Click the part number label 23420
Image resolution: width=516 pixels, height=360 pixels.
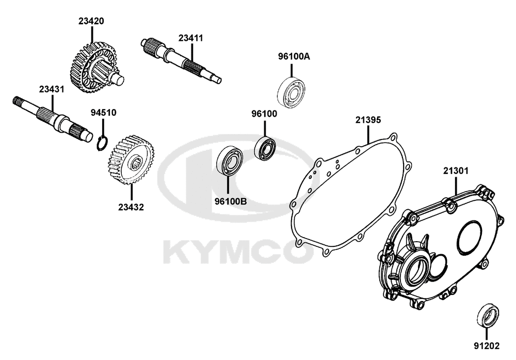[91, 21]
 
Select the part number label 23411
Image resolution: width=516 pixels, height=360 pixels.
[191, 38]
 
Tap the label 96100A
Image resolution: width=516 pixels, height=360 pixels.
[294, 56]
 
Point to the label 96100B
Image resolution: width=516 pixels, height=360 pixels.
[230, 201]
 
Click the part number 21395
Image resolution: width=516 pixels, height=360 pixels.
[368, 120]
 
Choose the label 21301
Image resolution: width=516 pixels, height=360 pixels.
[456, 171]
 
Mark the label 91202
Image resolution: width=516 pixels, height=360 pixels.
[487, 346]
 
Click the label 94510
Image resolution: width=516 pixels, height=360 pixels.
[103, 113]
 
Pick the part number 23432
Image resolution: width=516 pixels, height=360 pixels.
[131, 207]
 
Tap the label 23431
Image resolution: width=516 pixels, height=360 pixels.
[52, 89]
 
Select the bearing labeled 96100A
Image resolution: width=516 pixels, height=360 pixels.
[291, 93]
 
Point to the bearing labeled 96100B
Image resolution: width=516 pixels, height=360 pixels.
[230, 162]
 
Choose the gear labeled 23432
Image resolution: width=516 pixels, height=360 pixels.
[131, 160]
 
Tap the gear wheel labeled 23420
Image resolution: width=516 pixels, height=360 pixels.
[94, 68]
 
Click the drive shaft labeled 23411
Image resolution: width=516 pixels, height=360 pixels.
[181, 59]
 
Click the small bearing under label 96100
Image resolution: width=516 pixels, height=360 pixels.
[266, 148]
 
